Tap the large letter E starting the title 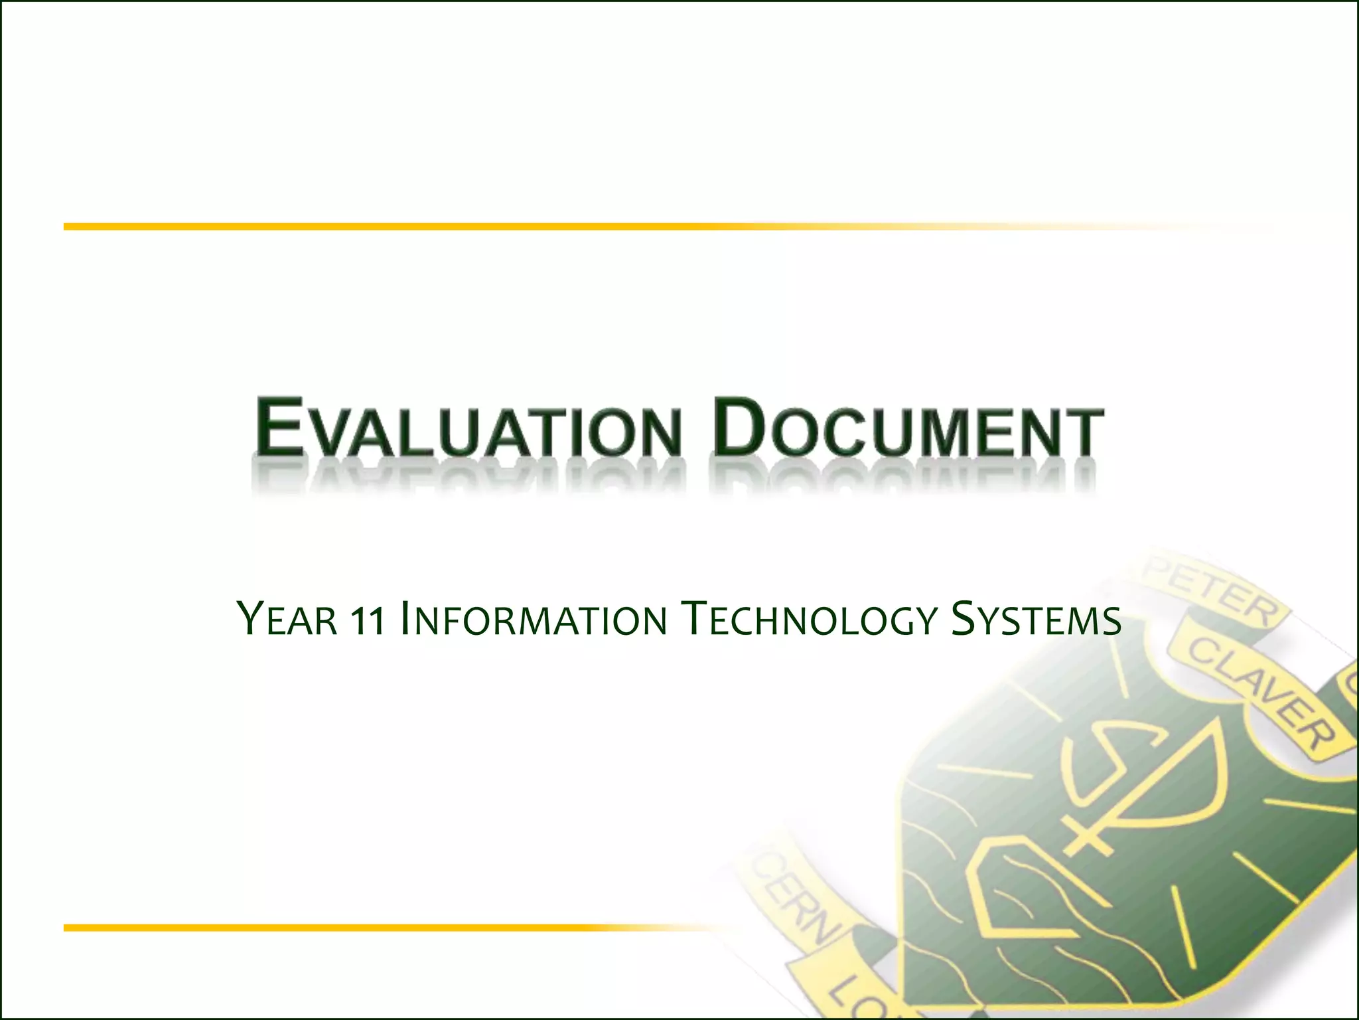(x=277, y=426)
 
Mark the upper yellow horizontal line (x=465, y=227)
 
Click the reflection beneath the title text (x=677, y=478)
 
